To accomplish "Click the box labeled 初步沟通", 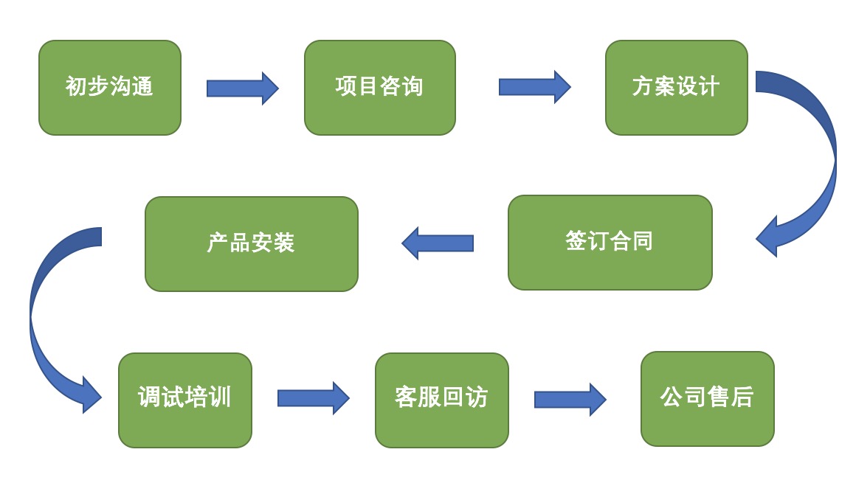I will click(x=109, y=88).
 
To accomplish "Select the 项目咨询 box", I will click(x=379, y=88).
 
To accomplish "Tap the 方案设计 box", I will click(x=676, y=88).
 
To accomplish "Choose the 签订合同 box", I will click(x=610, y=243).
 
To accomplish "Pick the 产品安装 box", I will click(x=251, y=244).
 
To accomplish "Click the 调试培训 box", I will click(x=184, y=400).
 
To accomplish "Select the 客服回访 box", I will click(x=441, y=400).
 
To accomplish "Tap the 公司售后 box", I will click(x=707, y=399).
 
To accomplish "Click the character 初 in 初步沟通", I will click(x=76, y=88).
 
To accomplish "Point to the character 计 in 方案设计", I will click(x=709, y=88).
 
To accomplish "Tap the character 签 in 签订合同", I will click(x=576, y=242).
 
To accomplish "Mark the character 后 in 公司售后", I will click(x=742, y=398).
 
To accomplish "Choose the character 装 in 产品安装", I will click(x=284, y=244).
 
